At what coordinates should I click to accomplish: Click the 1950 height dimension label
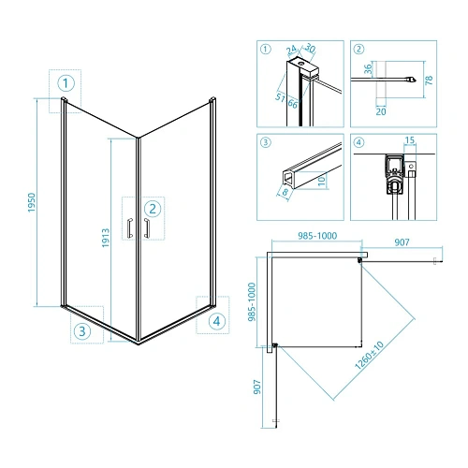(x=32, y=202)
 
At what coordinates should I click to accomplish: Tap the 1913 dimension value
(x=106, y=238)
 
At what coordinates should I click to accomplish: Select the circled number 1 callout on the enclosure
(x=66, y=83)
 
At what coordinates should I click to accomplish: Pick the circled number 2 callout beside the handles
(x=153, y=209)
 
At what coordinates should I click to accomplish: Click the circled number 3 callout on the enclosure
(x=82, y=331)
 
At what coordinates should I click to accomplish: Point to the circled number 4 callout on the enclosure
(x=217, y=321)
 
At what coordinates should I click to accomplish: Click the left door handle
(x=130, y=228)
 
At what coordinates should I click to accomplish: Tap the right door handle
(x=146, y=228)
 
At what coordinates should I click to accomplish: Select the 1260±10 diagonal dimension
(x=369, y=356)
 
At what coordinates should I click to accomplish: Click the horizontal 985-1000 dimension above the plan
(x=317, y=236)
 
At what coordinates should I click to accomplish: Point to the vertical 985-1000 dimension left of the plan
(x=252, y=301)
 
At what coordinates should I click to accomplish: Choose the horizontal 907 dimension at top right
(x=402, y=242)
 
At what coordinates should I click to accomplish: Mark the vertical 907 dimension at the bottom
(x=257, y=387)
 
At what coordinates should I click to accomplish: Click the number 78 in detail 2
(x=430, y=80)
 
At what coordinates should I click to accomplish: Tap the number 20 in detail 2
(x=381, y=111)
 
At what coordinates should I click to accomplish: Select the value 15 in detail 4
(x=410, y=140)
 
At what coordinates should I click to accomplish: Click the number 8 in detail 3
(x=285, y=192)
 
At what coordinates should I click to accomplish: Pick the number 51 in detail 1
(x=281, y=97)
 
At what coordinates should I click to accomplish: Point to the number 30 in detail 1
(x=310, y=48)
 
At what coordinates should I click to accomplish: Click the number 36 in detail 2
(x=369, y=68)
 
